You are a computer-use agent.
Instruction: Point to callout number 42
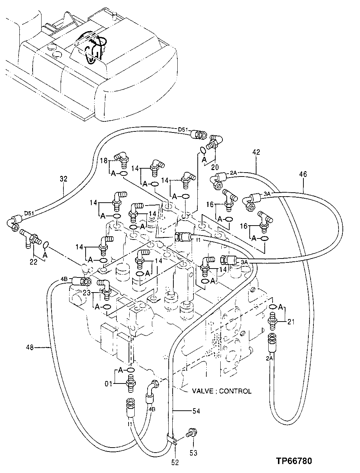pyautogui.click(x=256, y=152)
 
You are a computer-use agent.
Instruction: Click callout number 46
pyautogui.click(x=303, y=175)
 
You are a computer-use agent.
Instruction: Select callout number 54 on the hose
pyautogui.click(x=196, y=411)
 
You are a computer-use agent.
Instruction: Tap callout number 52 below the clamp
pyautogui.click(x=175, y=462)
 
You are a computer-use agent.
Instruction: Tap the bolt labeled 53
pyautogui.click(x=189, y=434)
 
